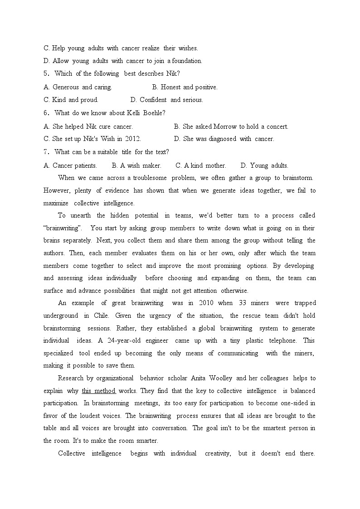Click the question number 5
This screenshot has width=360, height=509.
coord(46,74)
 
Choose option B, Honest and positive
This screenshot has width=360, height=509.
coord(185,87)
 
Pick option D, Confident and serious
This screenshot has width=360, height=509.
coord(166,100)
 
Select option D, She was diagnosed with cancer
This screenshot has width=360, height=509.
coord(224,139)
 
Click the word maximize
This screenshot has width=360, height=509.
coord(56,204)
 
